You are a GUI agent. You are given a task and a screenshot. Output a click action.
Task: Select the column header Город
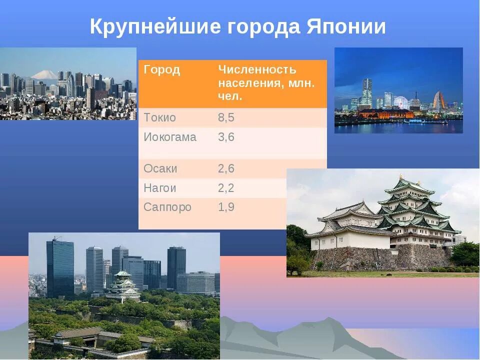162,70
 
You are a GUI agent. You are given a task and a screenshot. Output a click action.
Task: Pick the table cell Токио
159,118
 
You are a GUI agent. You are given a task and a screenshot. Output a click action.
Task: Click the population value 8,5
226,118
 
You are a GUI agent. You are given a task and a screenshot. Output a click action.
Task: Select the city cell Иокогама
170,137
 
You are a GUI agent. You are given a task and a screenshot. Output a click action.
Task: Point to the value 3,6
226,137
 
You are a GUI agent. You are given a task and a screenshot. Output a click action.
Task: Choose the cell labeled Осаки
160,168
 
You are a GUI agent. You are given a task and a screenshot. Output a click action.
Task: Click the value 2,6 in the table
226,168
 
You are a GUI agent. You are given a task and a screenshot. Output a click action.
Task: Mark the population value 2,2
226,188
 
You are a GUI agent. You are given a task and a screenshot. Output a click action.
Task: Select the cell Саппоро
167,207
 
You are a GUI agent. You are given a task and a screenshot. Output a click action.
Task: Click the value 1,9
226,207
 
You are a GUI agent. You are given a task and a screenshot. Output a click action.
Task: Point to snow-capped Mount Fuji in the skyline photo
44,75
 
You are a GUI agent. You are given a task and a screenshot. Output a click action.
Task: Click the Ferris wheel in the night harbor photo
401,102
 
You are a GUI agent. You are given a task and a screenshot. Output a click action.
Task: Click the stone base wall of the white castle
380,258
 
